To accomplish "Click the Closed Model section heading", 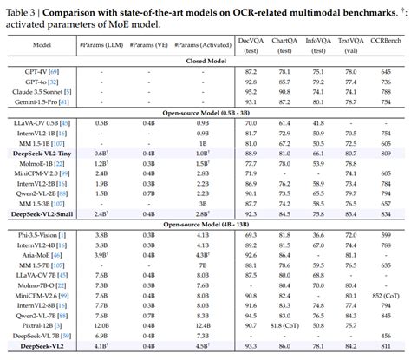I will coord(205,63).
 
